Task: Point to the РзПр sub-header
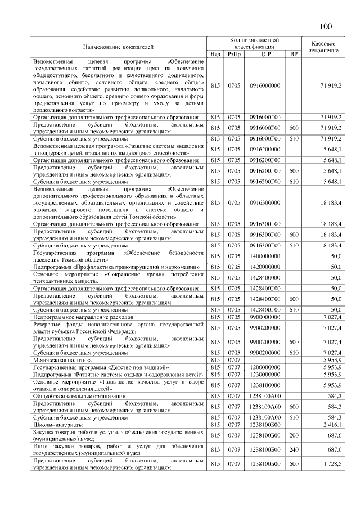click(x=234, y=53)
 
